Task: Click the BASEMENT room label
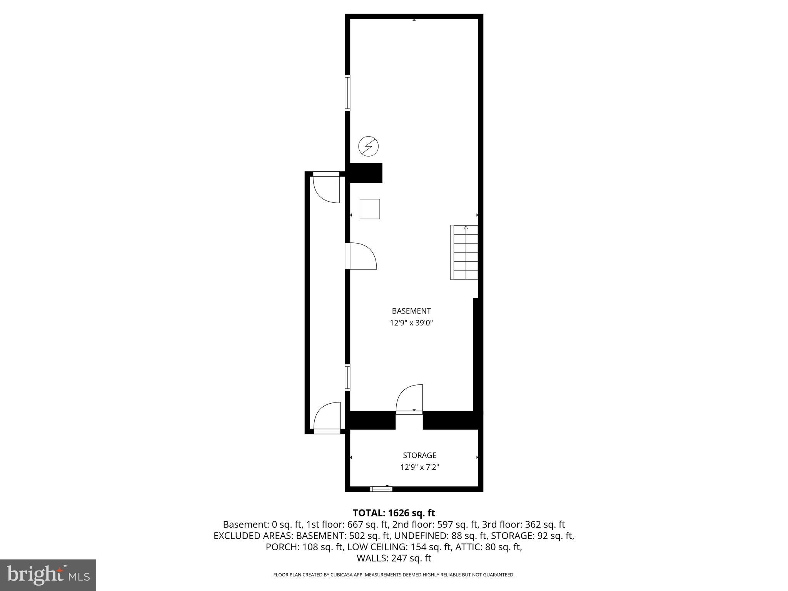point(411,311)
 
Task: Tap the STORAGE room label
point(419,455)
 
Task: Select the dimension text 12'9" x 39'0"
point(411,323)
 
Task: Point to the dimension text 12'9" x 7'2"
point(419,467)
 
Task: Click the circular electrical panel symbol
point(368,147)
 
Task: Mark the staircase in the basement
point(464,252)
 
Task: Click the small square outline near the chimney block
point(370,209)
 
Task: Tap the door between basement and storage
point(409,400)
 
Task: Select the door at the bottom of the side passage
point(327,417)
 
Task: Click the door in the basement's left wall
point(360,256)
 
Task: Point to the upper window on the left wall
point(347,93)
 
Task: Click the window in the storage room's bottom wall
point(381,489)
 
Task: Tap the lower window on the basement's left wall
point(347,377)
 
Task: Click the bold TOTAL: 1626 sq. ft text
point(394,513)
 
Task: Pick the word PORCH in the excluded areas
point(280,547)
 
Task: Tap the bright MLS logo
point(48,574)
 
